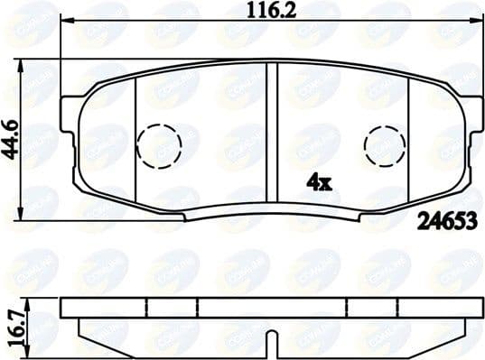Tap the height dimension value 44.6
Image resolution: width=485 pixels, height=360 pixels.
click(x=10, y=140)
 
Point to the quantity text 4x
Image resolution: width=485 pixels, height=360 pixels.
click(x=320, y=182)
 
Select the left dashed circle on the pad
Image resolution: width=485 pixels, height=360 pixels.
click(x=159, y=142)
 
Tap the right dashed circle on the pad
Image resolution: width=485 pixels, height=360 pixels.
click(x=385, y=142)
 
